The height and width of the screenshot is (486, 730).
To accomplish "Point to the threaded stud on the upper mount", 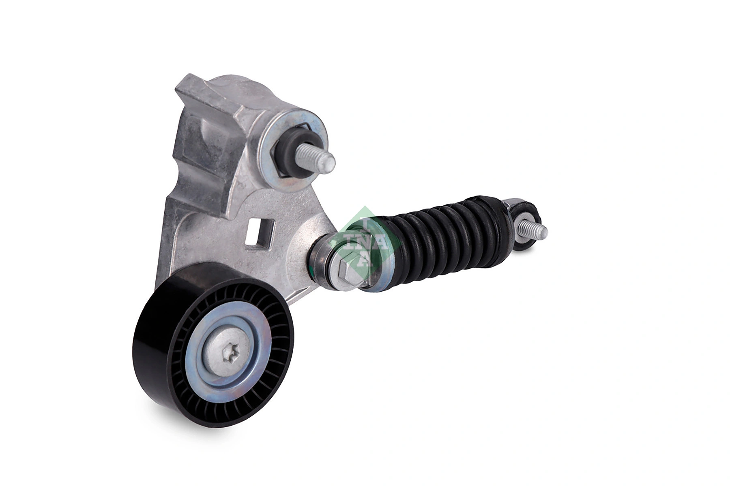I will click(320, 158).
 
